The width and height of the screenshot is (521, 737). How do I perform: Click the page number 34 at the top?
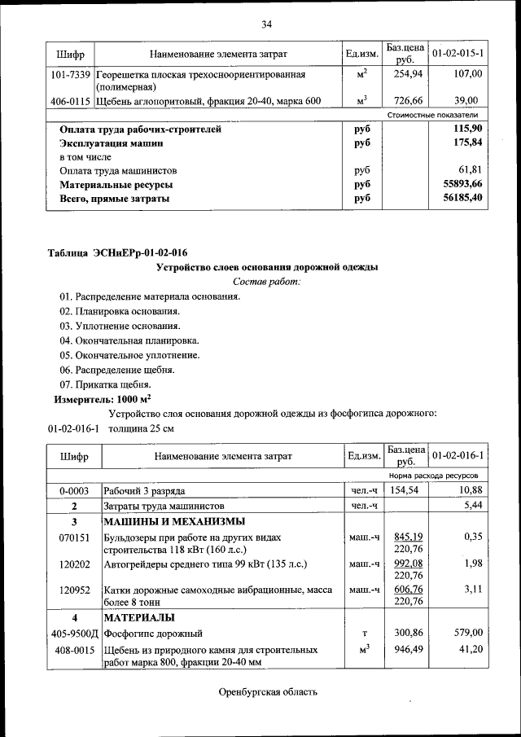click(266, 24)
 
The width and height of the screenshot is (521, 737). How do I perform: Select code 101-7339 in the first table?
click(71, 74)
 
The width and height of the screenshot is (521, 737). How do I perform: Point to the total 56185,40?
click(462, 199)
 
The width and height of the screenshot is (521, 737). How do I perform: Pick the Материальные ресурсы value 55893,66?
click(462, 185)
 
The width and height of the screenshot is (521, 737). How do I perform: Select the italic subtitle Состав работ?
click(266, 282)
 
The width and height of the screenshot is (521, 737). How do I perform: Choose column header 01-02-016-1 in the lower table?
click(458, 456)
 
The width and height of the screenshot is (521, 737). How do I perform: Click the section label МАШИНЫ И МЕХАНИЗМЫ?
click(173, 521)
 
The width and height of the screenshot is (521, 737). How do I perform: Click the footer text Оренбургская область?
click(267, 693)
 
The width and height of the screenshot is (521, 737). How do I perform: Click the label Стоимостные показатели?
click(438, 116)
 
